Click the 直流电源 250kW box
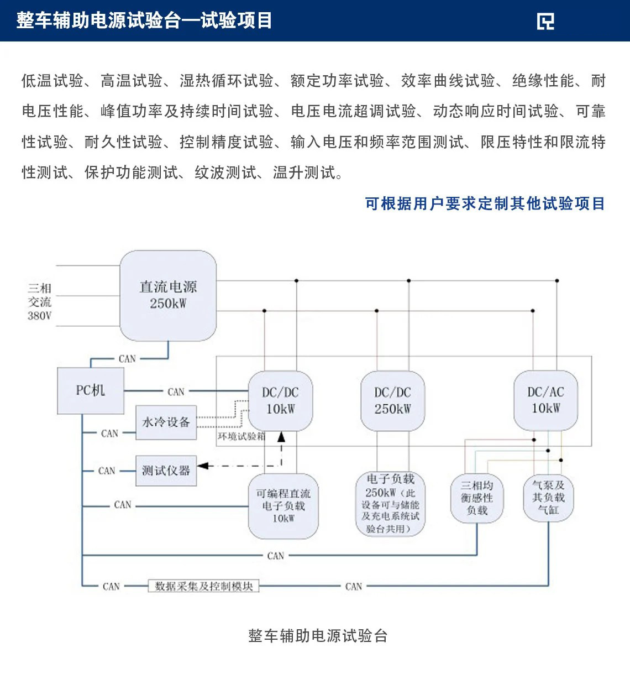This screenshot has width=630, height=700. point(168,295)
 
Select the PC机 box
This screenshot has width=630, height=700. point(91,391)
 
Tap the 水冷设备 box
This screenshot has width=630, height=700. point(166,422)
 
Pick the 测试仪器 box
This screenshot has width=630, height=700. point(166,471)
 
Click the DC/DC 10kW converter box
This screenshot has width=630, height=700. point(280,401)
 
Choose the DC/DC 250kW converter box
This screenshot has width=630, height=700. point(392,401)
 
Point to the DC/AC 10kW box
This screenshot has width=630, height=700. point(545,400)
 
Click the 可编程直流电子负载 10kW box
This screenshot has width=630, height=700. point(283,506)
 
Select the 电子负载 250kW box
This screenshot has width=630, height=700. point(390,504)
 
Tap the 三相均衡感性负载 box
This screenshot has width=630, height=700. point(477,498)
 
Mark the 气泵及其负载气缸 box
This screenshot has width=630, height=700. point(548,498)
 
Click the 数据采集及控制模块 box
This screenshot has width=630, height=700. point(203,586)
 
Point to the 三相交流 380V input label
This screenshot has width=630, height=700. point(40,302)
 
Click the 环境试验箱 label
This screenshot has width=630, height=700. point(241,436)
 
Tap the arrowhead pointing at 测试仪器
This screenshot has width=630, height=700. point(202,466)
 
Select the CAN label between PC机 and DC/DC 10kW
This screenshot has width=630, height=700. point(176,392)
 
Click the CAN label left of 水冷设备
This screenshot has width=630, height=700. point(109,433)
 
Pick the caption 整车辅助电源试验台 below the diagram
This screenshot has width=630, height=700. point(318,636)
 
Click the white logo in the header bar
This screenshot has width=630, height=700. point(545,21)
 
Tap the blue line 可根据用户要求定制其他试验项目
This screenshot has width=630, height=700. point(485,204)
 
